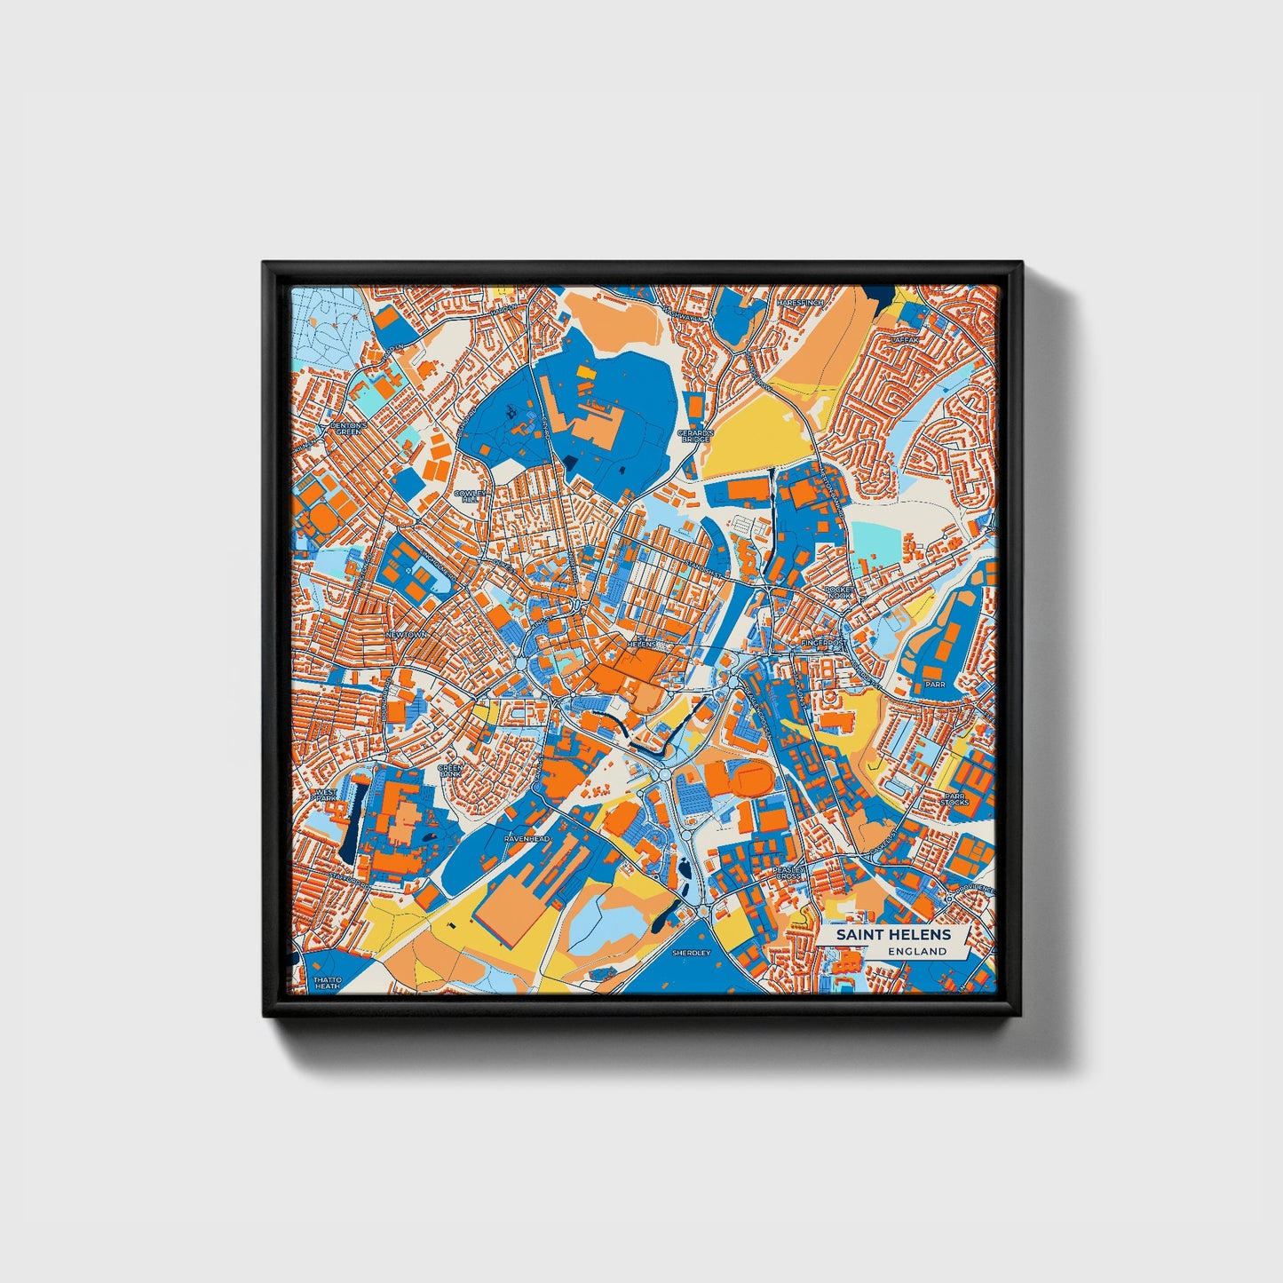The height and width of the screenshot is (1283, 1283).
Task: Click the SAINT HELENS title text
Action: point(892,934)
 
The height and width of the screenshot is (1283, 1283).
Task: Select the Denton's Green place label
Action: point(347,429)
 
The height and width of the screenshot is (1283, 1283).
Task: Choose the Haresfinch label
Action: point(799,303)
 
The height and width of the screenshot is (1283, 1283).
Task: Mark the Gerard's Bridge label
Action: point(694,436)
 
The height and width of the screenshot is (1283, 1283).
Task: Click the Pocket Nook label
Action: point(838,592)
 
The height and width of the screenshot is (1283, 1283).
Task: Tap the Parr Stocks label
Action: point(954,799)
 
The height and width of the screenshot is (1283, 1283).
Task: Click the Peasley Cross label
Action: point(788,873)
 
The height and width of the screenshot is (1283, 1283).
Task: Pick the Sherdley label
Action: point(692,952)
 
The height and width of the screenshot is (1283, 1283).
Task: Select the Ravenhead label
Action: point(527,838)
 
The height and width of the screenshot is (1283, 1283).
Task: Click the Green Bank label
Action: point(451,770)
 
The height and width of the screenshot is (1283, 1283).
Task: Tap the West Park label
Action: point(324,794)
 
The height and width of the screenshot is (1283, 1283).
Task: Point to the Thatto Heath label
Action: point(326,983)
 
